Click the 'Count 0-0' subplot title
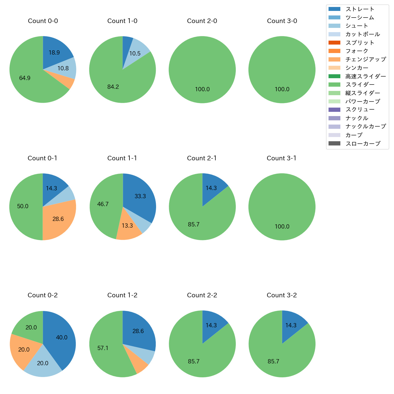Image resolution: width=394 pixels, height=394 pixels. click(x=43, y=21)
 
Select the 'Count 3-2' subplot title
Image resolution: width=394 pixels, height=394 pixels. click(x=282, y=295)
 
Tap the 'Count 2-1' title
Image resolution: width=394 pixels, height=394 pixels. click(x=202, y=158)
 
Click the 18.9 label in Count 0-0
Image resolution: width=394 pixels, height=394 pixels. click(x=54, y=53)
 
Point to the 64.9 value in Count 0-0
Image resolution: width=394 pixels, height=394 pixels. click(x=25, y=78)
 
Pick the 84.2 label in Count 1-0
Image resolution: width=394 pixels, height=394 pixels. click(x=113, y=87)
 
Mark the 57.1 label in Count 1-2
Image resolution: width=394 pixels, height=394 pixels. click(x=103, y=348)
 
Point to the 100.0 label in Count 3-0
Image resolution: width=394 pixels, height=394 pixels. click(x=282, y=89)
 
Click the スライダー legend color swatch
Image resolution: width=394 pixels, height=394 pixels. click(x=334, y=85)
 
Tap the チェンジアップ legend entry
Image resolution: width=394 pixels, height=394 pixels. click(x=366, y=59)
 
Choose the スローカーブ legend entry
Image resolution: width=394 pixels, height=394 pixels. click(x=363, y=144)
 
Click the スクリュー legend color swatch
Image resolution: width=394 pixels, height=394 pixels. click(x=334, y=110)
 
